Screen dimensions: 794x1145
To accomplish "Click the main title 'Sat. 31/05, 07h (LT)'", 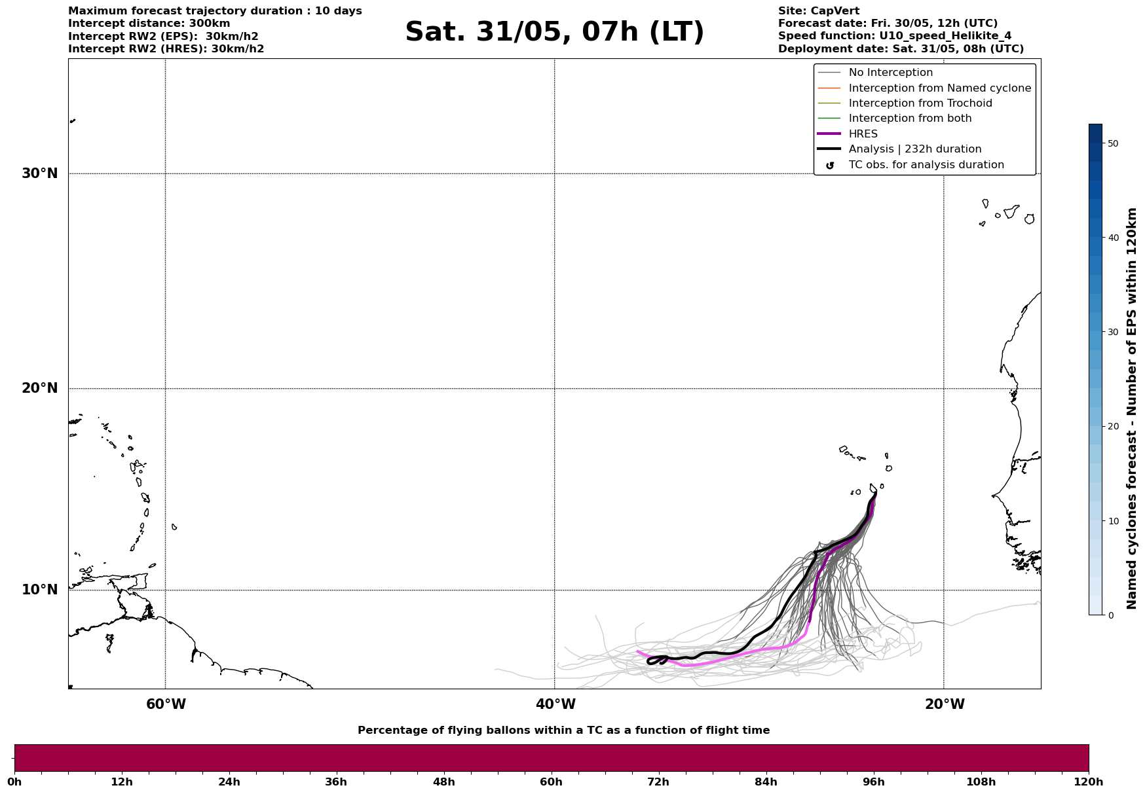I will (554, 32).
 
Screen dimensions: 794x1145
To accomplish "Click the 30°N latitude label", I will (39, 173).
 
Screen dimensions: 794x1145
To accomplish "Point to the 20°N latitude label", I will (39, 388).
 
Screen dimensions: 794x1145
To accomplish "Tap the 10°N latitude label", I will (39, 590).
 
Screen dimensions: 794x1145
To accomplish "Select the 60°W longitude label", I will (166, 704).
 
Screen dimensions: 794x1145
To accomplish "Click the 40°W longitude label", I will (555, 704).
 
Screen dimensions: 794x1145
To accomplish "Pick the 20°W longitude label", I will (945, 704).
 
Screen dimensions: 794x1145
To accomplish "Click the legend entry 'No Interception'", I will (890, 73).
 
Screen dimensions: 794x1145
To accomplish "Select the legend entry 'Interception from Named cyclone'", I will (939, 88).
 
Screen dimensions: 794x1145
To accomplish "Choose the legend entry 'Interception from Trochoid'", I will (920, 103).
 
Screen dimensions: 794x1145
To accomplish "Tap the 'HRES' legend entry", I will (863, 134).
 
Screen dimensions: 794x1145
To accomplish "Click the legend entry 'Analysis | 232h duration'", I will (914, 149).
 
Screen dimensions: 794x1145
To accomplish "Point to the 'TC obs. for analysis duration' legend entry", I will (926, 165).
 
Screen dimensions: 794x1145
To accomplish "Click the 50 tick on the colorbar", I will (1112, 143).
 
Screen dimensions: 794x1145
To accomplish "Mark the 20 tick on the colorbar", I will (1112, 426).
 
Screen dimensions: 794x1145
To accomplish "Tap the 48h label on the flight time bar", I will (443, 782).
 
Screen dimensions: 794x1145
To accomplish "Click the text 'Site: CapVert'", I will (818, 11).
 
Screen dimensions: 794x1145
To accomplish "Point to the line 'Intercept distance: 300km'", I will (149, 24).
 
